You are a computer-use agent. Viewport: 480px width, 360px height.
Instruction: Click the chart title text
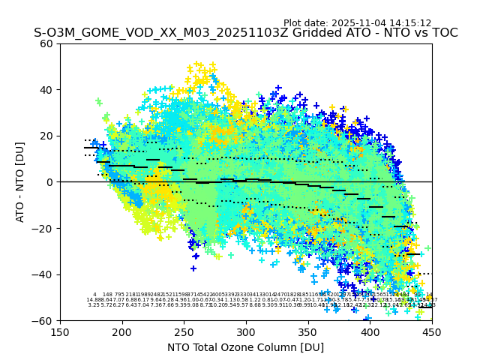(245, 33)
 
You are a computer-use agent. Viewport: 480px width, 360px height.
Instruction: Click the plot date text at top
(357, 23)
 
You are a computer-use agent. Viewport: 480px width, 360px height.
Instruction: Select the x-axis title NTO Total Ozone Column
(245, 347)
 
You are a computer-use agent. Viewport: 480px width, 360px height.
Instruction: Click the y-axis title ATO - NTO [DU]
(21, 181)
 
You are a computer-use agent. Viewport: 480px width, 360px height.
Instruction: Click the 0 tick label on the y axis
(50, 182)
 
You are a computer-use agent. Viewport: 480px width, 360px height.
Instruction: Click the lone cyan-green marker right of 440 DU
(427, 248)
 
